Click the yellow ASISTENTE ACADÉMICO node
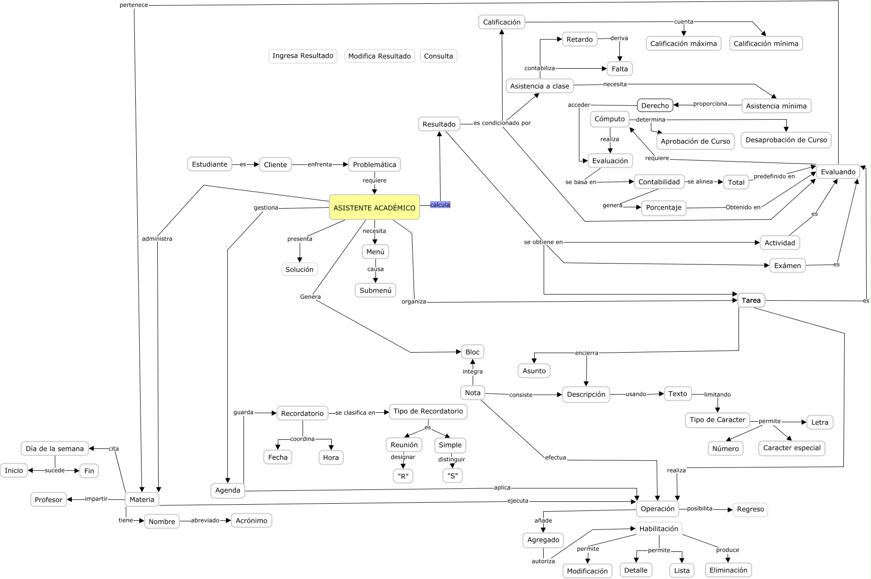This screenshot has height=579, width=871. pos(374,207)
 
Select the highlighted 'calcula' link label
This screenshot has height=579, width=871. pos(440,205)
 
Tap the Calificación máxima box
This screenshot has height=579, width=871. pos(683,43)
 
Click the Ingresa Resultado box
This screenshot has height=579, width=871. pos(303,56)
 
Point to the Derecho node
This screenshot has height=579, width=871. pos(655,105)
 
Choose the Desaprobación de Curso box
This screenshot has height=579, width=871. pos(786,140)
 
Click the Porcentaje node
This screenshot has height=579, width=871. pos(663,208)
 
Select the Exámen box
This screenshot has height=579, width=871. pos(787,265)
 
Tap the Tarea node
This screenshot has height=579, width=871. pos(751,300)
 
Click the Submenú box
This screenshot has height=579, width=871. pos(375,290)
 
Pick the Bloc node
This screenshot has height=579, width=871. pos(472,352)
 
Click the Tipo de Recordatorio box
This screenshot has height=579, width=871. pos(428,411)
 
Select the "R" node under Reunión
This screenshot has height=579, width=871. pos(403,476)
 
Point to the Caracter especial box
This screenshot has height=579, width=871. pos(791,448)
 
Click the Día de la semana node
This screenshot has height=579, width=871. pos(55,448)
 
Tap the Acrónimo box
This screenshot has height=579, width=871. pos(251,520)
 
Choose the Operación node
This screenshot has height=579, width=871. pos(658,508)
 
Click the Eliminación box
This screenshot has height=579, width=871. pos(728,570)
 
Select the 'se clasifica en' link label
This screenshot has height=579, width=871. pos(355,413)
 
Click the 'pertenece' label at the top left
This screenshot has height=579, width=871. pos(133,5)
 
